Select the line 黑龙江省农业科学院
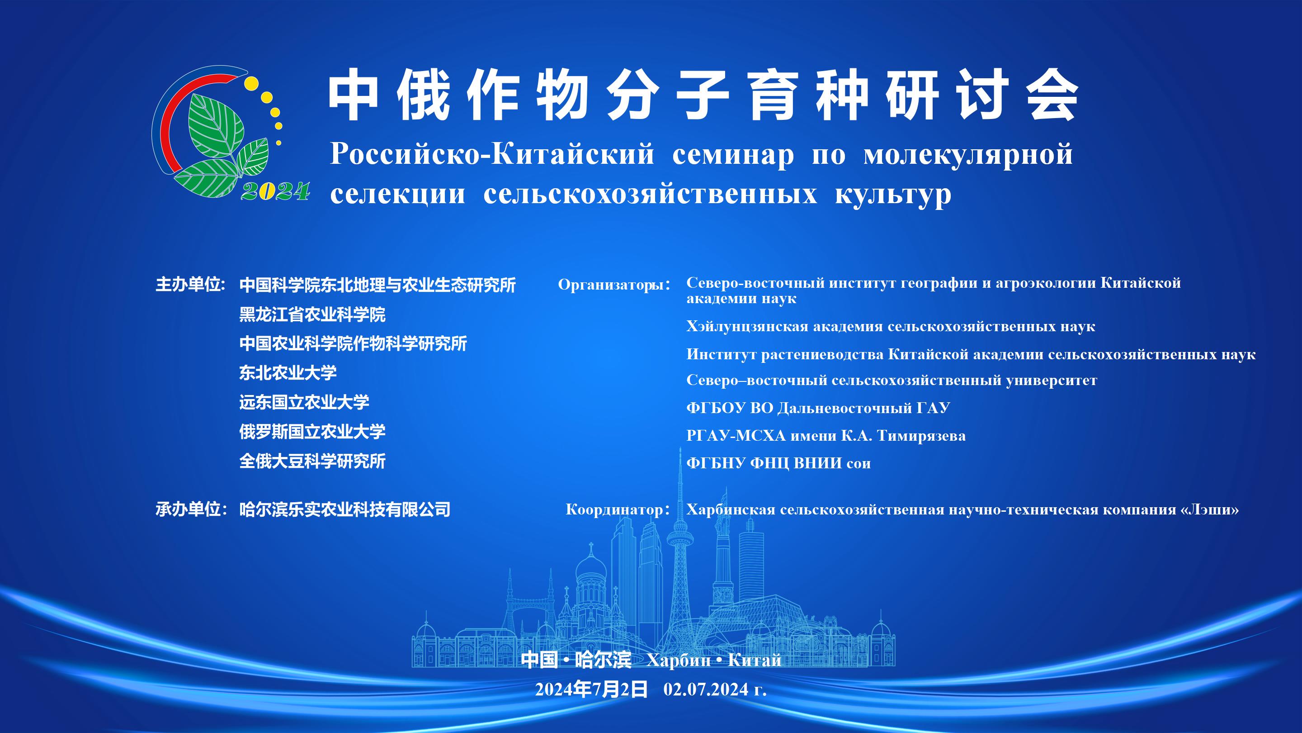click(312, 314)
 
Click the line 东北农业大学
click(288, 373)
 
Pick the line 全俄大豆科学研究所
click(312, 462)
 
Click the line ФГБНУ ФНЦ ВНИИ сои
click(778, 463)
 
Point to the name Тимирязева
click(921, 436)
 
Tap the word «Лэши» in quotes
click(1209, 509)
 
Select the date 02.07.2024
click(706, 690)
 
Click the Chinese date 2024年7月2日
click(591, 690)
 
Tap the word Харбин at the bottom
click(678, 661)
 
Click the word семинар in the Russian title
click(733, 155)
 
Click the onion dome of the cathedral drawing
click(590, 567)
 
